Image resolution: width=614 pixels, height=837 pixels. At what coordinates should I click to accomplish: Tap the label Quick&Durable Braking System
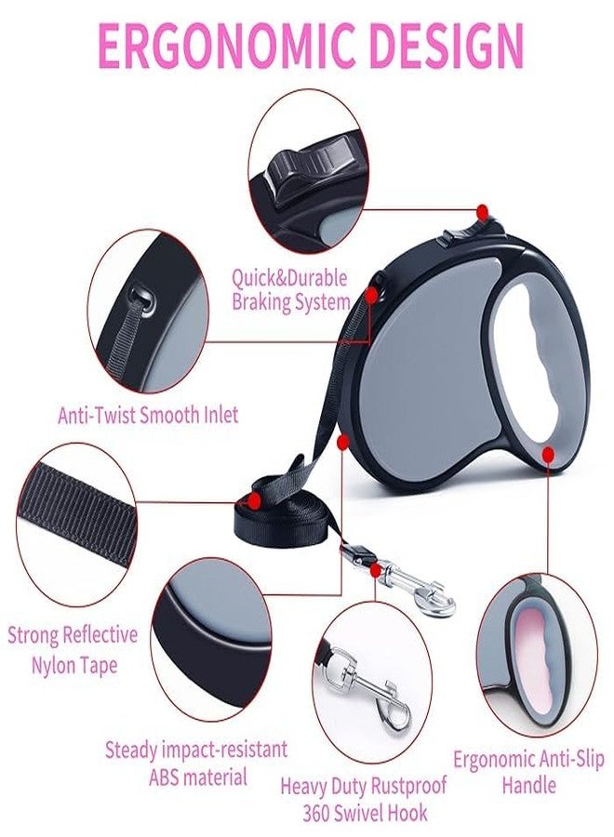[290, 290]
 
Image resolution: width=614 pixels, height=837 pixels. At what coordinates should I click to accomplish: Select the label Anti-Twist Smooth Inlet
[148, 415]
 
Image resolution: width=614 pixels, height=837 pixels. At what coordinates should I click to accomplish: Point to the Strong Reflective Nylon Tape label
[73, 650]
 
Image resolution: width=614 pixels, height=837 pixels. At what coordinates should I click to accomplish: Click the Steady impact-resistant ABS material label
[196, 763]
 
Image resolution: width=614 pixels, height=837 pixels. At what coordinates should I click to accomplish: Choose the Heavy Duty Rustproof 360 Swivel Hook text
[364, 799]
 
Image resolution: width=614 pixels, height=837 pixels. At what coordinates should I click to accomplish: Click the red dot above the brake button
[483, 211]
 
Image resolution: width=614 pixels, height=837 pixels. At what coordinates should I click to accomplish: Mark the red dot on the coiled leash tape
[254, 500]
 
